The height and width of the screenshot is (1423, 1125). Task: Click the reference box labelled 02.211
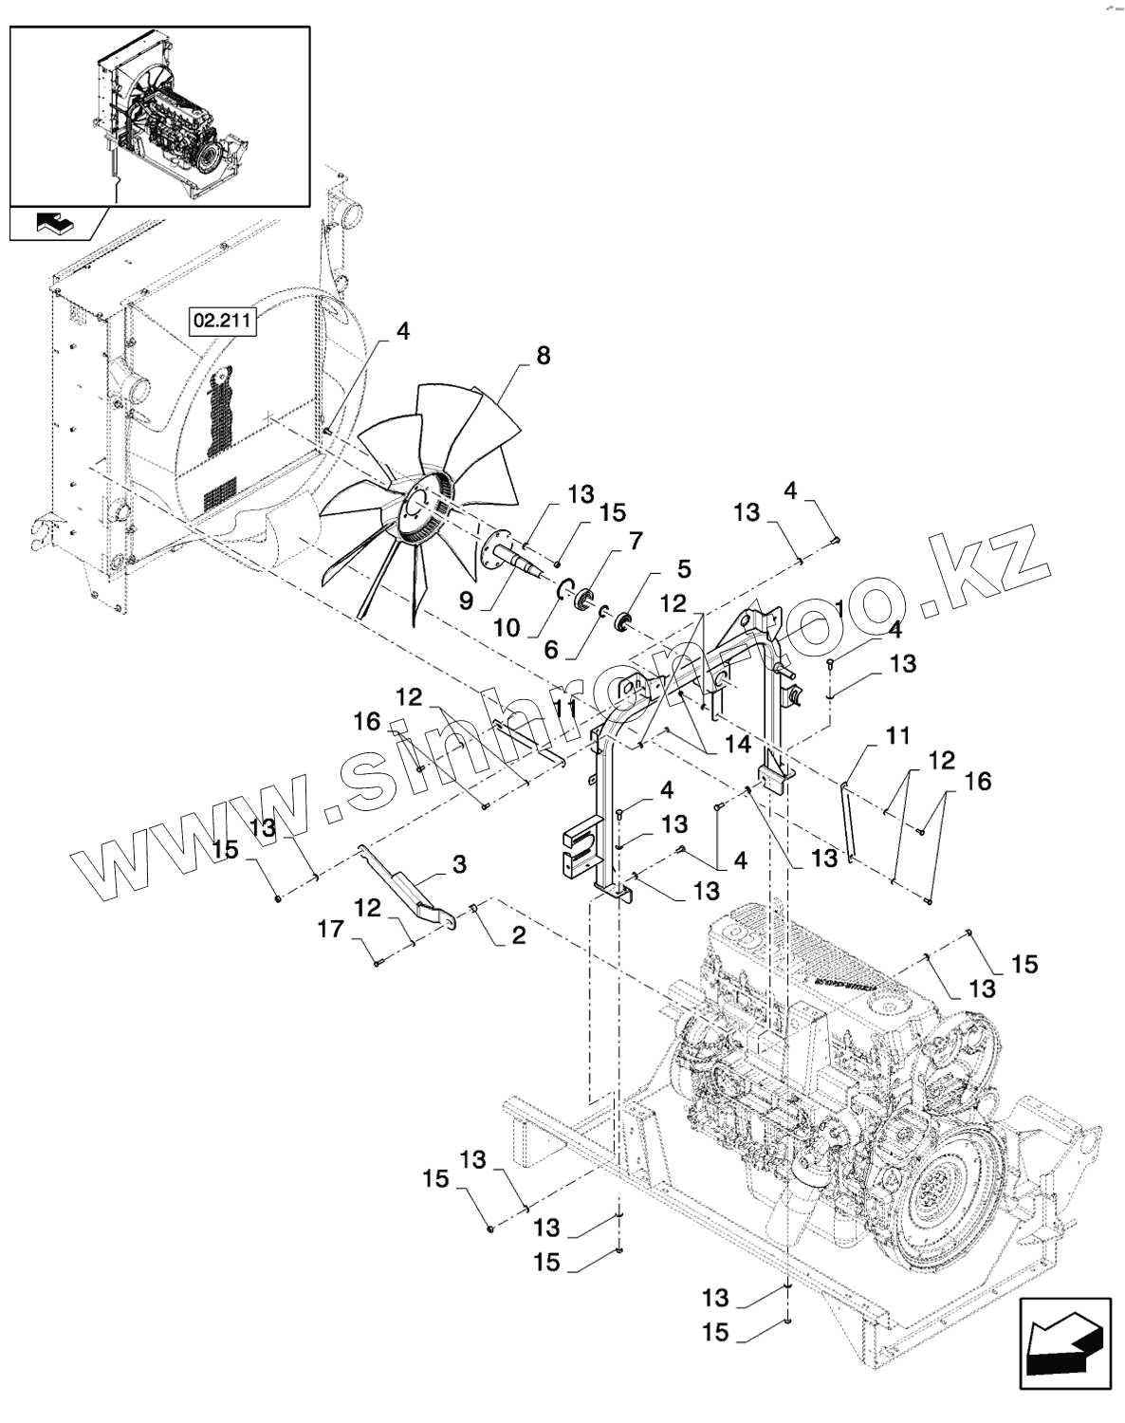(222, 321)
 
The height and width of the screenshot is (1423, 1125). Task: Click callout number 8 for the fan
(543, 356)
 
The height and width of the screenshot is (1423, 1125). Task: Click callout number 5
(684, 569)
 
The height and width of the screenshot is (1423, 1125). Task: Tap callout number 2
(518, 936)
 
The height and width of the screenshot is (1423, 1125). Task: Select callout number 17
(331, 931)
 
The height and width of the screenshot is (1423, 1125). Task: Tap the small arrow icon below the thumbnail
(58, 224)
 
